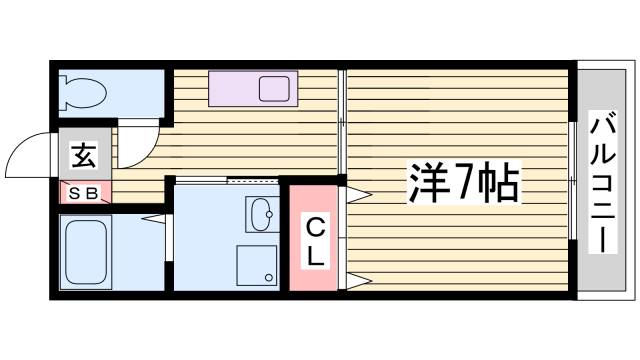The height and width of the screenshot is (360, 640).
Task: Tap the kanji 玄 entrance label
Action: [x=84, y=156]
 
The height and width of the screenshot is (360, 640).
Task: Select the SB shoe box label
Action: [x=84, y=194]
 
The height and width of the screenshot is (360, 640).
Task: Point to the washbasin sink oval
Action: [x=262, y=214]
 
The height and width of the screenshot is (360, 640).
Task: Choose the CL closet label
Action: [x=314, y=240]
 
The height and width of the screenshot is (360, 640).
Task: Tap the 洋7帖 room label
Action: [x=462, y=182]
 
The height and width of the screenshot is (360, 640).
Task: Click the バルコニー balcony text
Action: [x=602, y=184]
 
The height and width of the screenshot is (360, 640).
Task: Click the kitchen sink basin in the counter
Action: [x=274, y=89]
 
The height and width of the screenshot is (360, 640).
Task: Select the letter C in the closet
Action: [x=314, y=225]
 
